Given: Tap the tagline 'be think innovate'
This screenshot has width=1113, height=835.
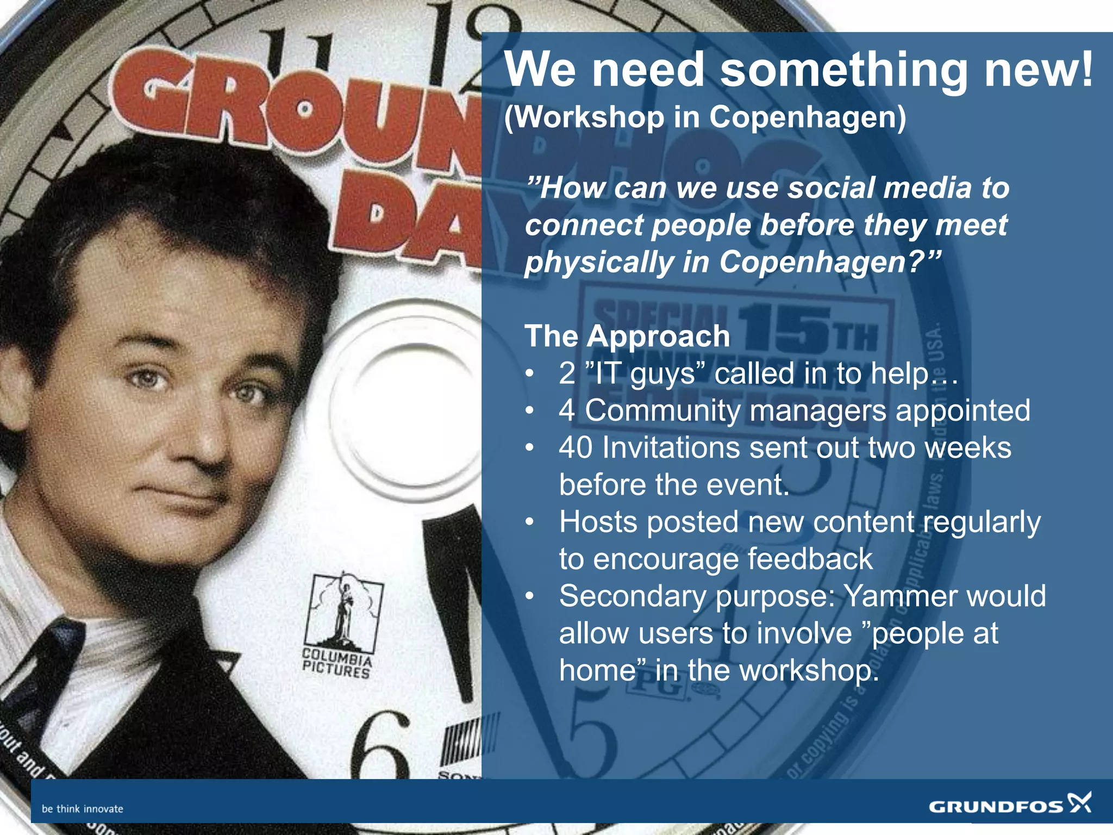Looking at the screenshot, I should (x=83, y=809).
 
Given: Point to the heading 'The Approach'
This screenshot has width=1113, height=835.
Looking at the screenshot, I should (x=627, y=336).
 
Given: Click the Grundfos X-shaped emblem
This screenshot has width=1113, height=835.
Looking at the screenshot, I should (x=1079, y=802).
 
